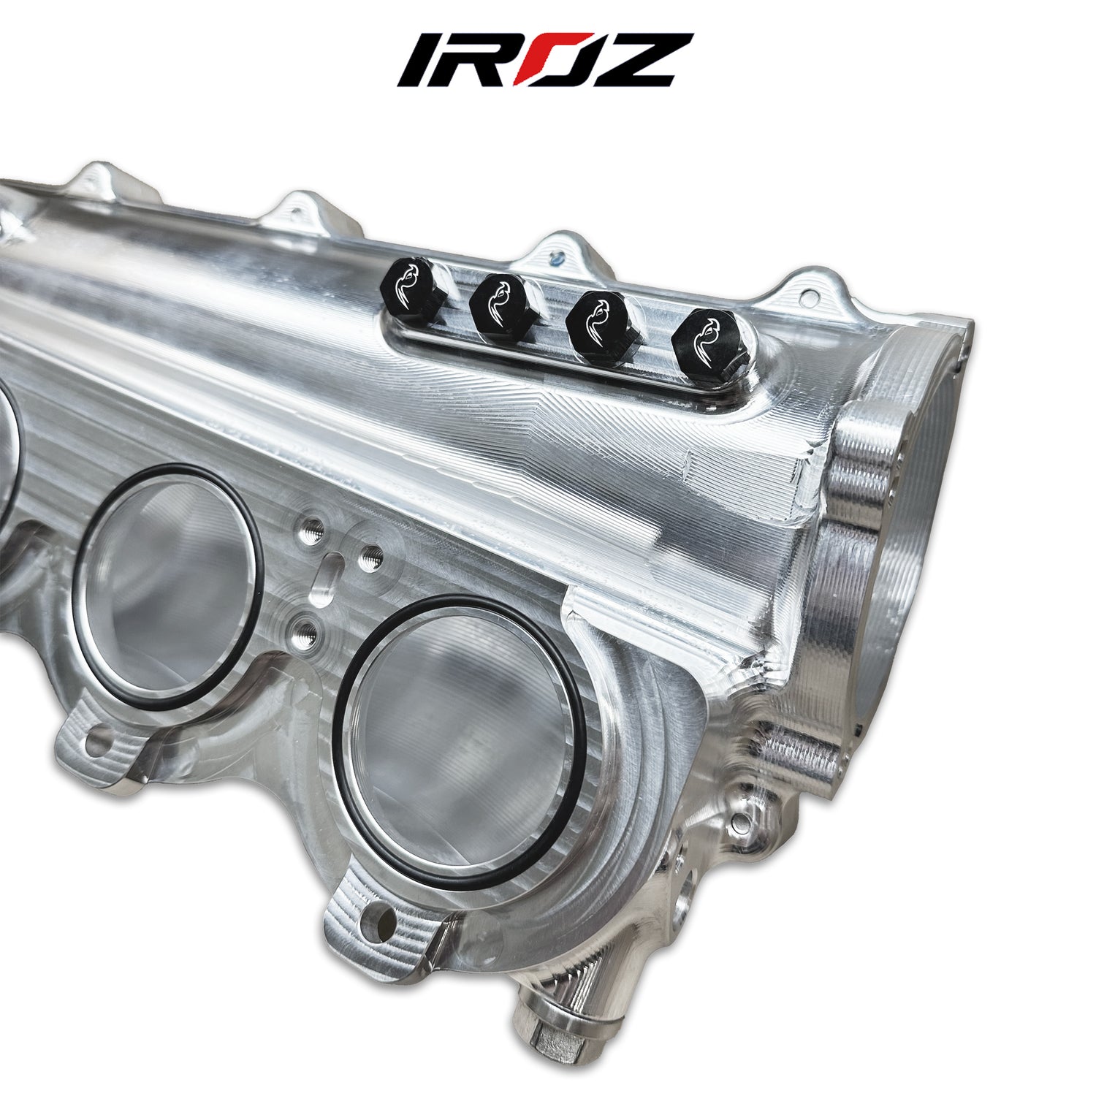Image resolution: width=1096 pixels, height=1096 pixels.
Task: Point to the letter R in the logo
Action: [x=482, y=60]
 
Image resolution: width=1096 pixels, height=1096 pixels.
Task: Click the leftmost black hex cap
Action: [x=411, y=286]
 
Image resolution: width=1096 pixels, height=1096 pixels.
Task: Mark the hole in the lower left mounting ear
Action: [x=96, y=744]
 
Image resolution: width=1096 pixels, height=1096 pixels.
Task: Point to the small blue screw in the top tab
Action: [x=557, y=256]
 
